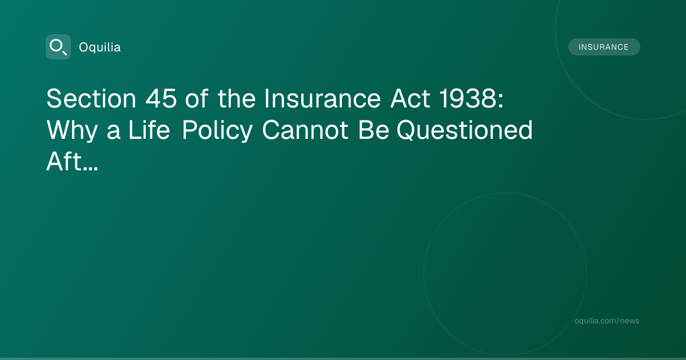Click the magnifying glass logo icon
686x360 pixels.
click(58, 47)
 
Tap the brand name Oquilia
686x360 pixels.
click(100, 47)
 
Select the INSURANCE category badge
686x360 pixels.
click(604, 47)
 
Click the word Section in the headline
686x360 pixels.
click(91, 98)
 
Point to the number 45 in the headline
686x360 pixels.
click(161, 98)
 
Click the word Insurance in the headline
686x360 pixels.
click(322, 98)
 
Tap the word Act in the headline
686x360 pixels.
click(410, 98)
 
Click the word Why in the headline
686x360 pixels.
click(72, 131)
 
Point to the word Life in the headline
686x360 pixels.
click(149, 130)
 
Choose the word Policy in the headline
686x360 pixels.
click(217, 131)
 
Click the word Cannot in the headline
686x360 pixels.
click(305, 130)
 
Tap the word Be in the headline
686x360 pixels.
click(374, 130)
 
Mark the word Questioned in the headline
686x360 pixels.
click(465, 130)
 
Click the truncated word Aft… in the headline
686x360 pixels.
click(72, 161)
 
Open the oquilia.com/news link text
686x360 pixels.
click(607, 321)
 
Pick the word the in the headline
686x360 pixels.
click(237, 98)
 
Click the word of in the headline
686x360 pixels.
click(197, 98)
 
